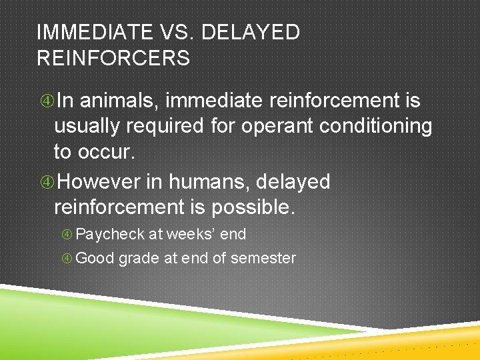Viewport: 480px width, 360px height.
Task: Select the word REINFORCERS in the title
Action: click(x=113, y=59)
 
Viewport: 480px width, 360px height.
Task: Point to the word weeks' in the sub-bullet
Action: click(x=189, y=235)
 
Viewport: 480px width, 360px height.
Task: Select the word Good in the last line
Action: click(x=95, y=258)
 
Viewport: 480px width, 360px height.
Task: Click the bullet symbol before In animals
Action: click(x=46, y=101)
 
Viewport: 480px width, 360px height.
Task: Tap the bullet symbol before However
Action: click(x=46, y=182)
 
